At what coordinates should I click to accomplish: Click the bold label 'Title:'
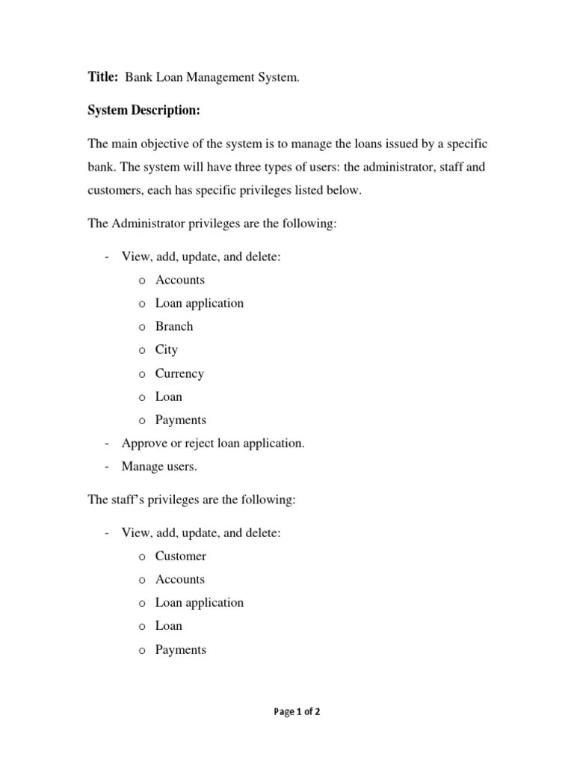(x=103, y=76)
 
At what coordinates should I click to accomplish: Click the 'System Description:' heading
(x=143, y=111)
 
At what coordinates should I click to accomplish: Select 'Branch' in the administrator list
(x=174, y=326)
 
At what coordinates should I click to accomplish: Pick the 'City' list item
(x=167, y=349)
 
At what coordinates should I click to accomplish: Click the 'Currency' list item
(x=179, y=373)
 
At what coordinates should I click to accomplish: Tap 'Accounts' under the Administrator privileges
(x=179, y=280)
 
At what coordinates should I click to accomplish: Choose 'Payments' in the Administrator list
(x=180, y=420)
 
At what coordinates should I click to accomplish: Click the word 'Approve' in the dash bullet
(x=143, y=444)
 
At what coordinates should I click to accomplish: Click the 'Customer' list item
(x=180, y=556)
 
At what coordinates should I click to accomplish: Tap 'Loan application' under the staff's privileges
(x=199, y=602)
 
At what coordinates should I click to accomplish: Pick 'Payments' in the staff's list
(x=180, y=649)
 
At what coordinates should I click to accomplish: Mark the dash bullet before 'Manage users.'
(x=108, y=467)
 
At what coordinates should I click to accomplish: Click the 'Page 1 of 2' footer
(x=297, y=712)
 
